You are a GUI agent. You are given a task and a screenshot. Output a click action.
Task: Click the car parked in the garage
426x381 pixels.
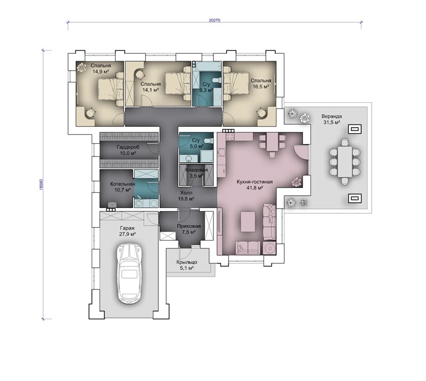pos(129,274)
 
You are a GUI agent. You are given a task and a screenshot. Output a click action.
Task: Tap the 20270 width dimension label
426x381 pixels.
pos(215,20)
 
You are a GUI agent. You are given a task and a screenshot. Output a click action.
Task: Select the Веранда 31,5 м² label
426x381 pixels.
pos(331,119)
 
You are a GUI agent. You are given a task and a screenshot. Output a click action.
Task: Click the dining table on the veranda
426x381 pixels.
pos(345,161)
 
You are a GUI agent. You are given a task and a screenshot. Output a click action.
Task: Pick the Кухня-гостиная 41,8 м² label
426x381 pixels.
pos(255,185)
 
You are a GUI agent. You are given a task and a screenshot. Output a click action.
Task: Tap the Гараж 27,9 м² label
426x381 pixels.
pos(127,231)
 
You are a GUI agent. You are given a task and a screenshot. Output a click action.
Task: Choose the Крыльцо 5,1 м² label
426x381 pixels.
pos(187,265)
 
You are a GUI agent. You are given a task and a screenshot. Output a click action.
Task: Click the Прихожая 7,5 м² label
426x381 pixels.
pos(189,229)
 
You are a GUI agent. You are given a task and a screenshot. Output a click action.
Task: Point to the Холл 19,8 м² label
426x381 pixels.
pos(186,195)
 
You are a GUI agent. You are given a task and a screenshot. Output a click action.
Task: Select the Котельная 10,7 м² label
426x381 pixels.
pos(122,187)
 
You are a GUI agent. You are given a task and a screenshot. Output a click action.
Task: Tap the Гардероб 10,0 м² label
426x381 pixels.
pos(128,150)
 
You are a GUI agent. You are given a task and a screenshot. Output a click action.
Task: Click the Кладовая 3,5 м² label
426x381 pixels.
pos(196,173)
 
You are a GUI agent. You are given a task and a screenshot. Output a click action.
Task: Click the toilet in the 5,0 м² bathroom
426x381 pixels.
pos(208,141)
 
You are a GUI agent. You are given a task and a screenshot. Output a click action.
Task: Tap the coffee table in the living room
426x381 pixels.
pos(248,221)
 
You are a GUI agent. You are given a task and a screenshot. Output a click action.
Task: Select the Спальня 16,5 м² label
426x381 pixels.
pos(260,84)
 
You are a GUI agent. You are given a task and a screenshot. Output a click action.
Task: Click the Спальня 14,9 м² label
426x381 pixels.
pos(101,69)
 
